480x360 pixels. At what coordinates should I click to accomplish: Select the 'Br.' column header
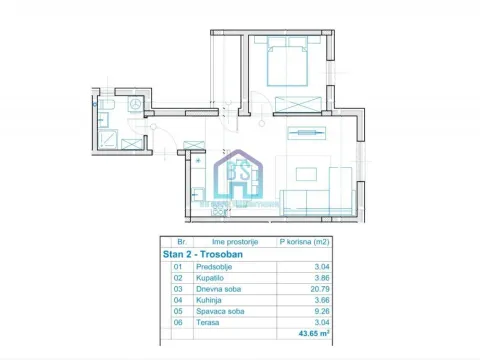point(181,242)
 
